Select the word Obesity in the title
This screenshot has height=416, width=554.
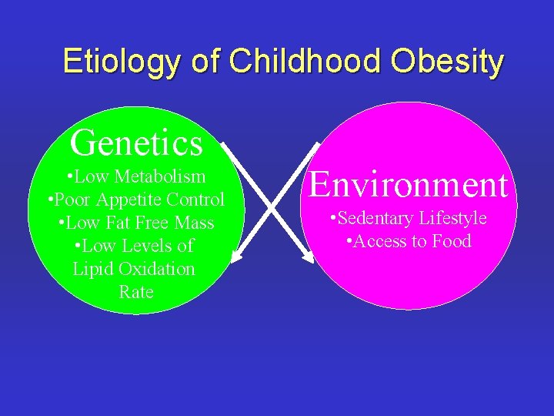click(x=446, y=62)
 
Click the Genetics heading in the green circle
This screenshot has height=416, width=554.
click(x=136, y=143)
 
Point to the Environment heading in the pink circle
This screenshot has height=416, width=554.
click(x=409, y=185)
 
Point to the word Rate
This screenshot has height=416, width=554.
click(x=136, y=292)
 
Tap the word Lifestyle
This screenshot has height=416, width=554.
click(x=452, y=218)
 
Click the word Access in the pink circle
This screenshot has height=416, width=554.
click(x=380, y=241)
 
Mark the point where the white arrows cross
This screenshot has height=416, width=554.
click(x=272, y=202)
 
